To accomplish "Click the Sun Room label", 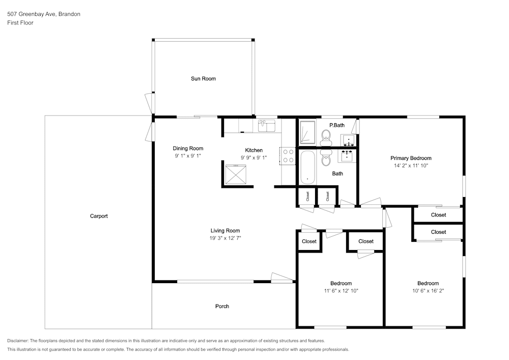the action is click(x=203, y=78).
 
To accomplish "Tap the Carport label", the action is click(x=99, y=216).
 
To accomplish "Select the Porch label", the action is click(x=222, y=307).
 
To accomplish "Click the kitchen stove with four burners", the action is click(x=288, y=156).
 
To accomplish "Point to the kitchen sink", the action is click(x=267, y=126).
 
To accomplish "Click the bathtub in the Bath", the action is click(x=307, y=168).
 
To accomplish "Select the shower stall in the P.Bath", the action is click(x=307, y=132).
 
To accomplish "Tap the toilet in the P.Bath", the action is click(x=326, y=137).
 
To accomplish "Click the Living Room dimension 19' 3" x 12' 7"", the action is click(x=225, y=238).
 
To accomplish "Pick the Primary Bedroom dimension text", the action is click(x=411, y=165).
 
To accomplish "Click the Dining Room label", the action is click(x=188, y=149).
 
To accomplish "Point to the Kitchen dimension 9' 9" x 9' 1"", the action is click(x=254, y=158).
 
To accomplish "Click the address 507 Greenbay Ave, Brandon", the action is click(x=44, y=14).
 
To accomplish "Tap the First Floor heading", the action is click(x=20, y=23).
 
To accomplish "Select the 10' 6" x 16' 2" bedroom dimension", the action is click(x=428, y=291).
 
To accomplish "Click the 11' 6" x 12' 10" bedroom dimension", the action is click(x=341, y=291).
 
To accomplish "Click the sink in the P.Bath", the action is click(x=348, y=140).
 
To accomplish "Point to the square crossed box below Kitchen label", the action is click(x=236, y=175).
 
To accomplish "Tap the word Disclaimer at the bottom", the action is click(x=18, y=341).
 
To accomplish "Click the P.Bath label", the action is click(x=337, y=125).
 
